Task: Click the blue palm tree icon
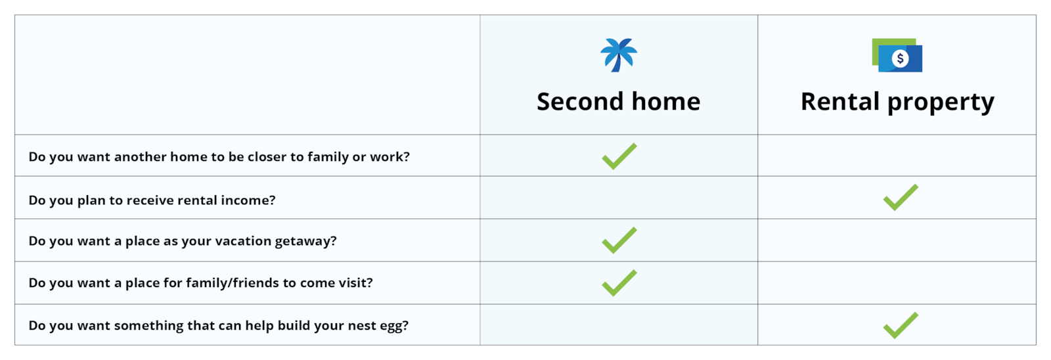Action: [619, 55]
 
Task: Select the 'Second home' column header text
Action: [618, 102]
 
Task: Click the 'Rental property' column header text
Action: [897, 102]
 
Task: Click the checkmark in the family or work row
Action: [619, 156]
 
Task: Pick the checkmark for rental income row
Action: [900, 198]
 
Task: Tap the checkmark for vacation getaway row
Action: [619, 240]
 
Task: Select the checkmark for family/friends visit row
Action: [619, 283]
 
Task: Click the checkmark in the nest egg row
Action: [900, 325]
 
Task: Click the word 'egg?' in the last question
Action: [394, 326]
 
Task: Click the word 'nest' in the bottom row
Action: [362, 326]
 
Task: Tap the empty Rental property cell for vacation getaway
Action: [897, 240]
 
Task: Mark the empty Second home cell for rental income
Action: [619, 198]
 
